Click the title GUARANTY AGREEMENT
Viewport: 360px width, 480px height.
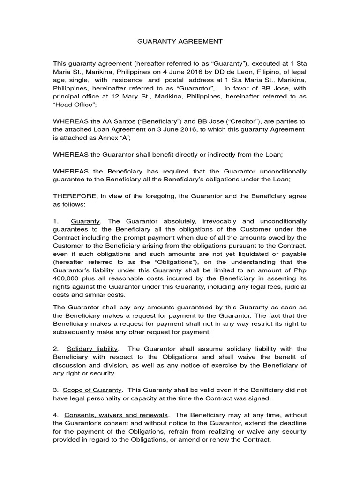[x=180, y=41]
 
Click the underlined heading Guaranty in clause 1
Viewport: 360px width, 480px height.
[x=85, y=221]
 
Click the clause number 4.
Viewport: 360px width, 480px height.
[x=55, y=415]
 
